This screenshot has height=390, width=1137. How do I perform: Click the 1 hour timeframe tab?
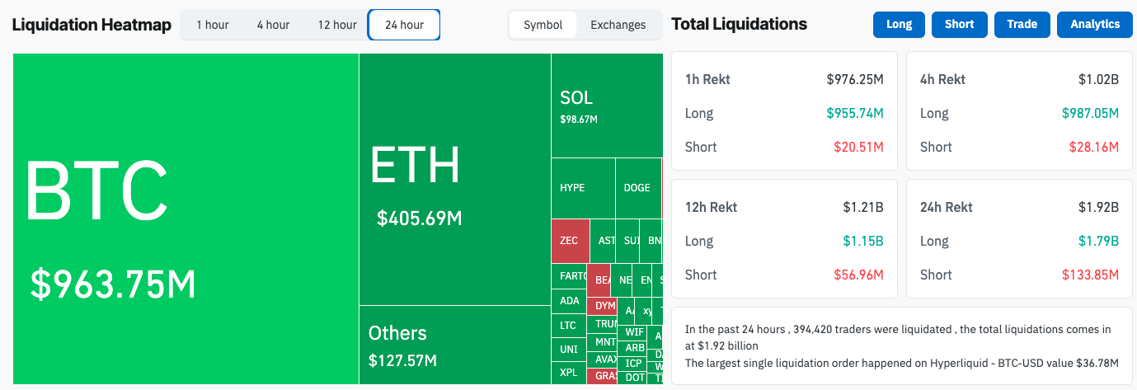point(213,25)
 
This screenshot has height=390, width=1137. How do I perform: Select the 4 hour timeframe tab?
point(273,25)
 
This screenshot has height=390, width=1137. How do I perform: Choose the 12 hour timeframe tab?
point(337,25)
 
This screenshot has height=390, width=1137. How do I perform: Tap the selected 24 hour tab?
point(404,25)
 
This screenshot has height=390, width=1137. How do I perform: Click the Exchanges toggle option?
point(618,25)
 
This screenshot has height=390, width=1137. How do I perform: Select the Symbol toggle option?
point(543,25)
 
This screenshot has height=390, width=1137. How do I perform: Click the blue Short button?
point(959,25)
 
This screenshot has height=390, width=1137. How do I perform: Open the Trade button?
point(1022,25)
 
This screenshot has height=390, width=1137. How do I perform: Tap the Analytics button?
point(1095,25)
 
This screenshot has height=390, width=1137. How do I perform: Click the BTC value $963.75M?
point(113,284)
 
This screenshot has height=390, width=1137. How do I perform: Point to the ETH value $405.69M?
point(419,218)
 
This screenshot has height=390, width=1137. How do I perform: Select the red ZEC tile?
point(570,241)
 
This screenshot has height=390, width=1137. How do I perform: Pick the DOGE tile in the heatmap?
point(637,188)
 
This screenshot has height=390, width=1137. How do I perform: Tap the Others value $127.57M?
point(402,360)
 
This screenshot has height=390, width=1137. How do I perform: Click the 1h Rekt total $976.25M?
point(854,80)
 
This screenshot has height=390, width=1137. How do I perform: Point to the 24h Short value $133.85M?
point(1091,275)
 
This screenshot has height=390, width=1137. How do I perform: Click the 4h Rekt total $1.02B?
point(1097,80)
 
